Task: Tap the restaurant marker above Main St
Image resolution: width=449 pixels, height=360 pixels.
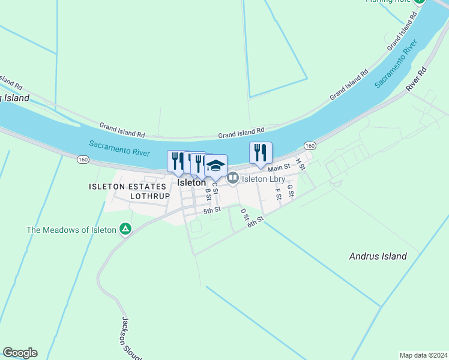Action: click(x=261, y=153)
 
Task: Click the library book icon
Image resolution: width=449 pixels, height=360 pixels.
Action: click(x=232, y=178)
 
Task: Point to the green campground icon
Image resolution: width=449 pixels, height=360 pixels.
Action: click(x=125, y=229)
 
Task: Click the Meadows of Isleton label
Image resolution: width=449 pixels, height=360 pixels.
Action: click(x=71, y=229)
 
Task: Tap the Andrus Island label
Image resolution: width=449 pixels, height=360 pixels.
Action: click(x=378, y=256)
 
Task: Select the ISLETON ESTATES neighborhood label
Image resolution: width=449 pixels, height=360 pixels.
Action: click(x=127, y=187)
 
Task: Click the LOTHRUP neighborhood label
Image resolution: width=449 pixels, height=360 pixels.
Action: click(x=148, y=196)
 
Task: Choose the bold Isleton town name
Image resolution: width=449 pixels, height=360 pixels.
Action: click(x=191, y=182)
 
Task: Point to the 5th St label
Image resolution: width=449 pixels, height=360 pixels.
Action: click(x=212, y=210)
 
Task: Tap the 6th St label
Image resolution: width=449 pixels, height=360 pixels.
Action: click(x=256, y=221)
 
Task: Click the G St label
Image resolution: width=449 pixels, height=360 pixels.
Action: click(x=290, y=190)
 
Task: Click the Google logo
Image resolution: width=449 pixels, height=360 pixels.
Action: click(x=20, y=353)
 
